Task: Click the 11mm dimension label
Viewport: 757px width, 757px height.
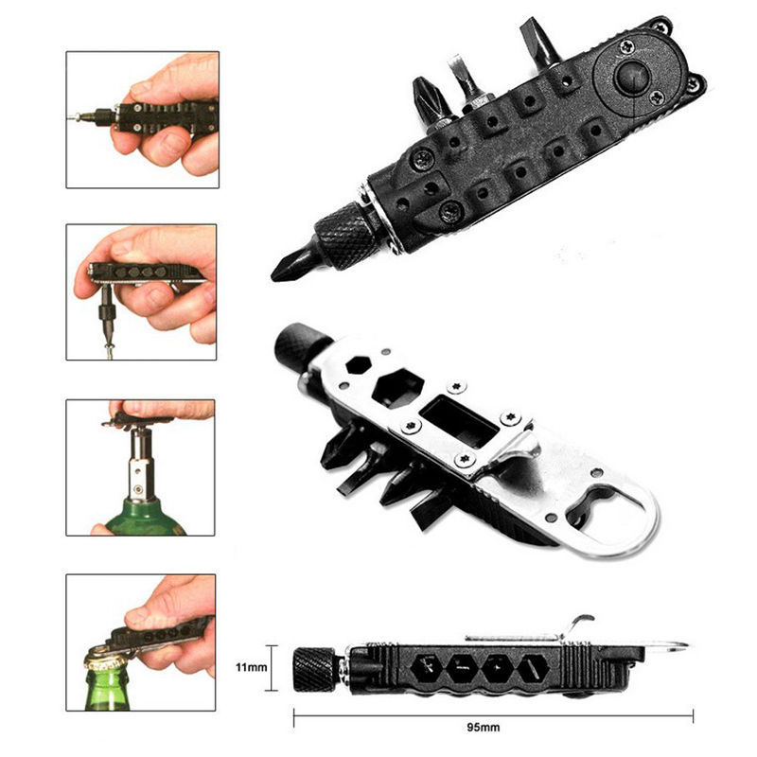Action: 251,667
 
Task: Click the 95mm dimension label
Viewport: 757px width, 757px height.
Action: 484,727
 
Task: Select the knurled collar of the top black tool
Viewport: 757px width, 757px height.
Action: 344,235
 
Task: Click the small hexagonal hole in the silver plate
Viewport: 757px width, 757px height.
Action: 359,365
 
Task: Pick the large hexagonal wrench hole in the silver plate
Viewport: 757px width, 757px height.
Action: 397,389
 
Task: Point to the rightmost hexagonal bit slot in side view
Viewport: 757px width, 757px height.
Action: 533,669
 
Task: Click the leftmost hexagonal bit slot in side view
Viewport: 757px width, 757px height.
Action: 427,668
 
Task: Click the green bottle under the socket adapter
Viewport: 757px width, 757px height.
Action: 145,518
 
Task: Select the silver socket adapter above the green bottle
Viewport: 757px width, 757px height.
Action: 140,466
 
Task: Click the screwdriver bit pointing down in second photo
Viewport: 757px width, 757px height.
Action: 107,318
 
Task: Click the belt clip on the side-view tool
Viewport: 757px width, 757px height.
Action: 531,631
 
